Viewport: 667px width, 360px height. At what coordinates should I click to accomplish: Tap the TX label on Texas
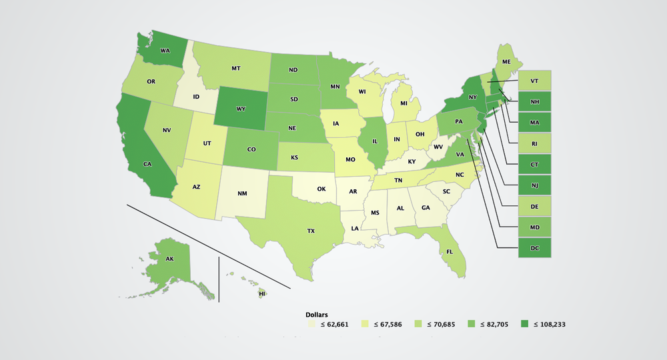point(310,231)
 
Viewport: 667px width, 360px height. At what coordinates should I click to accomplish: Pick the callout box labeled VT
point(535,81)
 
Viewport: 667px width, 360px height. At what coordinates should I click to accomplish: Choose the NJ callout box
point(535,185)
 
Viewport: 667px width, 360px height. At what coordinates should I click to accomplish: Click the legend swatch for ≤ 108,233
point(523,325)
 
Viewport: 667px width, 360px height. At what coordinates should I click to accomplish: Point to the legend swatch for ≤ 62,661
point(311,325)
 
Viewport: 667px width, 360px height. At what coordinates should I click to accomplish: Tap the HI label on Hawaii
point(262,293)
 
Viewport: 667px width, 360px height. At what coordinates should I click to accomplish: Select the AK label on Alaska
point(169,258)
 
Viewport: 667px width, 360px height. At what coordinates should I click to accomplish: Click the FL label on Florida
point(450,252)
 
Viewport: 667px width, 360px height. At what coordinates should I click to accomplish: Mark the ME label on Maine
point(506,61)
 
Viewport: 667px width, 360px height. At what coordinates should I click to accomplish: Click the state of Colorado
point(251,149)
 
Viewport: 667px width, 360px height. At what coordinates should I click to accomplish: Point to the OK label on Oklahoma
point(321,189)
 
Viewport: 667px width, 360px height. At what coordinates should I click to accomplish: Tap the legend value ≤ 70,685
point(440,325)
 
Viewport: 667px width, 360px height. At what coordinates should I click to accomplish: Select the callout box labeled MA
point(535,122)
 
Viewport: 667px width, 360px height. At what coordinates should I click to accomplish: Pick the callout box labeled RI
point(535,143)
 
